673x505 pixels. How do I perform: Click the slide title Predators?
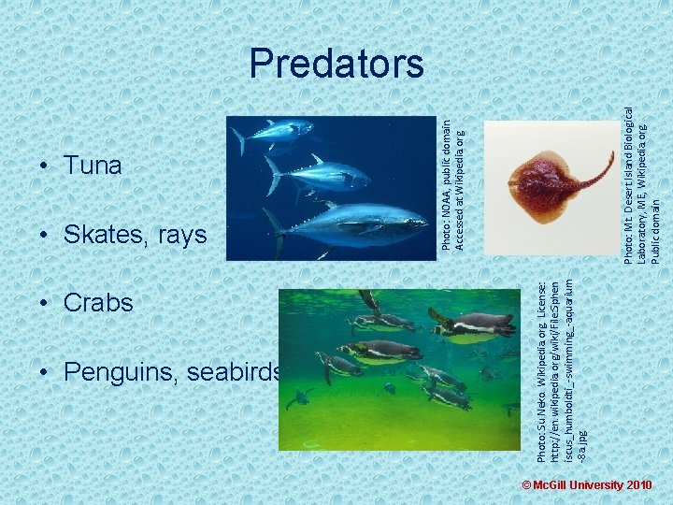pyautogui.click(x=336, y=64)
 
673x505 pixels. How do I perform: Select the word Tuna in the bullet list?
pyautogui.click(x=93, y=166)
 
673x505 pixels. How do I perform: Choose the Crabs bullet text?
pyautogui.click(x=98, y=303)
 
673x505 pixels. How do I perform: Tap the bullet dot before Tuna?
pyautogui.click(x=45, y=166)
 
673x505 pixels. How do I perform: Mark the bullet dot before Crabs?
pyautogui.click(x=45, y=303)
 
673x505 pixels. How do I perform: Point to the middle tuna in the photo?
pyautogui.click(x=318, y=175)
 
